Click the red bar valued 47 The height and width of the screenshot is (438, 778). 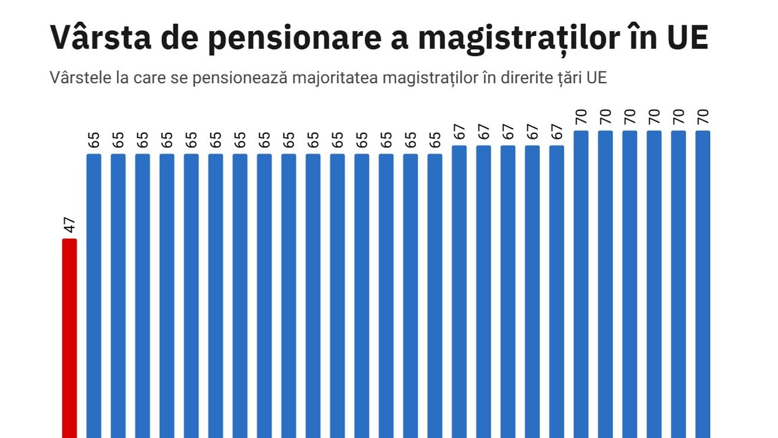[70, 338]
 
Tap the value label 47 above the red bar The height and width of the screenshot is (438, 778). [70, 225]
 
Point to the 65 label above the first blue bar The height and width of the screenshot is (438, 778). [94, 140]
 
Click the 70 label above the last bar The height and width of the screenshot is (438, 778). [703, 116]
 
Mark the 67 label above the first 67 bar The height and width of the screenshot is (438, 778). [459, 131]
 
